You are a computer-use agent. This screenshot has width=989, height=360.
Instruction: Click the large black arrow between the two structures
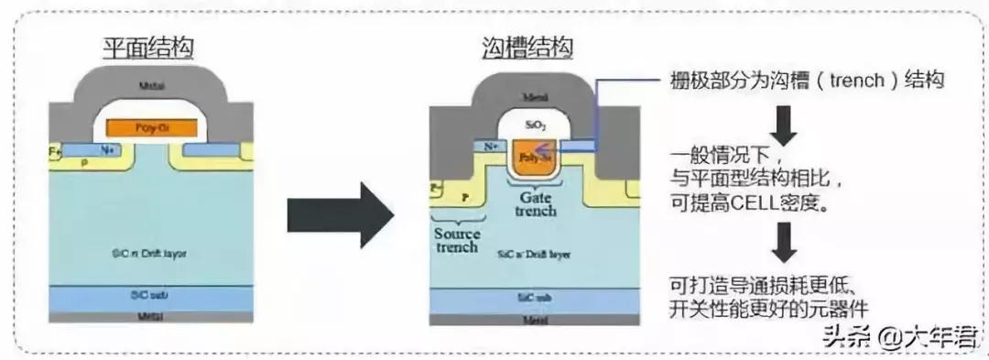coord(340,214)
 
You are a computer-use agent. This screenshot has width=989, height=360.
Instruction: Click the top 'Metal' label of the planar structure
coord(152,86)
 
